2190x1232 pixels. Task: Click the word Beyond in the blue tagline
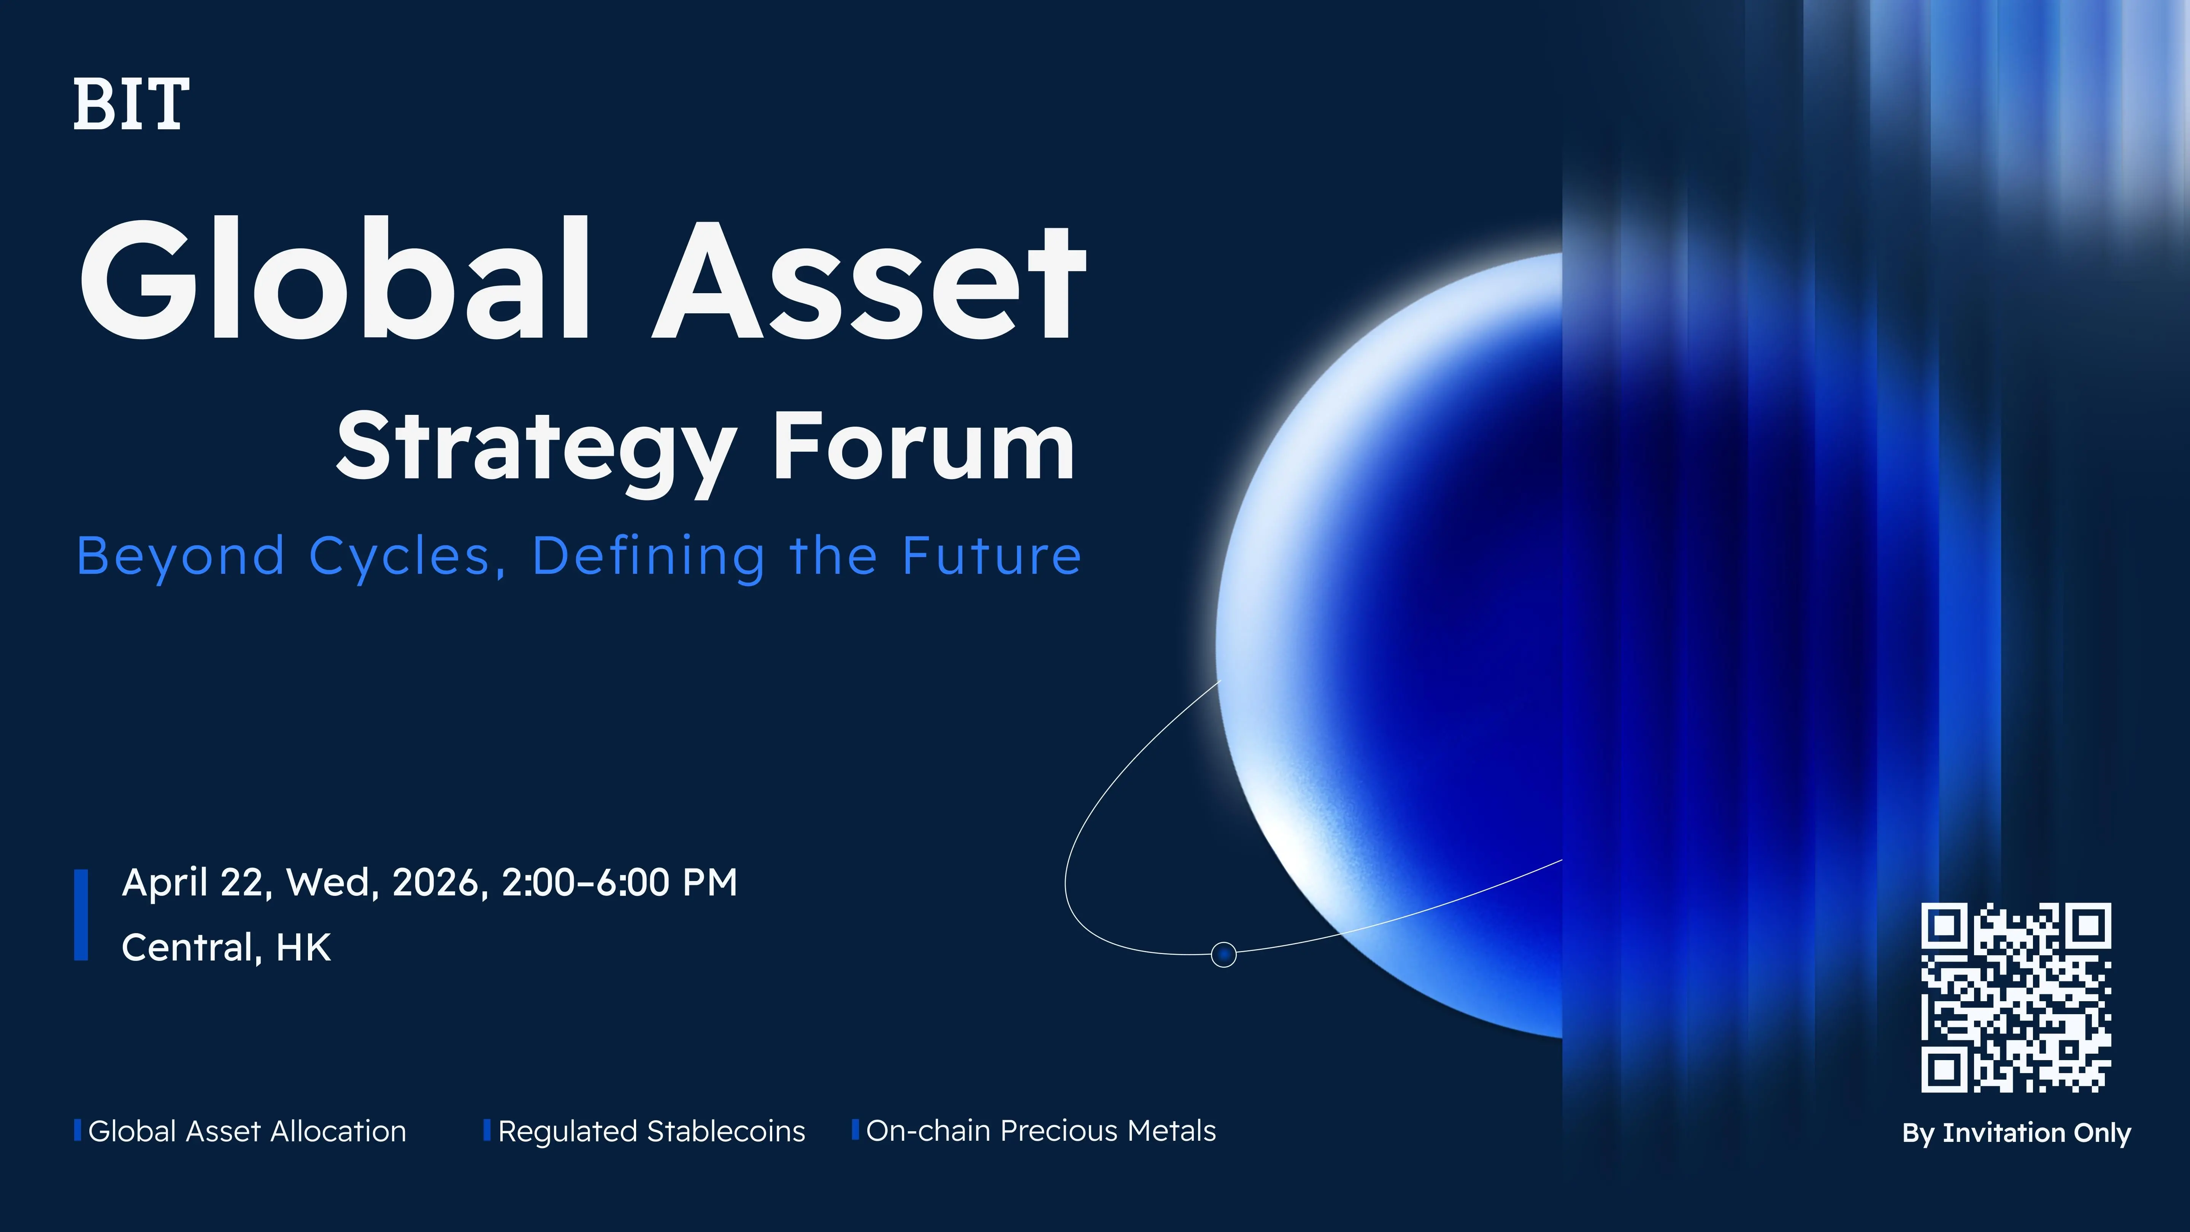tap(180, 557)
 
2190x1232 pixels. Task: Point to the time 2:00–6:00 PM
tap(619, 883)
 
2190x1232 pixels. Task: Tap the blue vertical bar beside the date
tap(82, 915)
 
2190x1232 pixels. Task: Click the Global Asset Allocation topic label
tap(246, 1132)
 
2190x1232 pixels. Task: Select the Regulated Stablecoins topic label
tap(651, 1132)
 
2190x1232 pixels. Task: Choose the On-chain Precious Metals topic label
tap(1041, 1132)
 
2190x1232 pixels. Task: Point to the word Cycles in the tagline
tap(400, 557)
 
